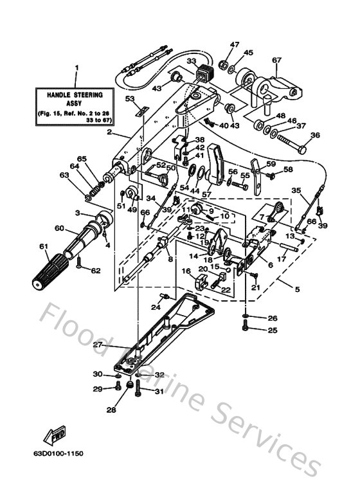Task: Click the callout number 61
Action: click(x=44, y=246)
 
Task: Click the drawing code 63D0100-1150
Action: click(x=60, y=453)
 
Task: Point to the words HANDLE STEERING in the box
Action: click(x=75, y=95)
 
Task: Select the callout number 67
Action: click(x=277, y=60)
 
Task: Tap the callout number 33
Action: click(x=192, y=61)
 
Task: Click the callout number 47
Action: click(x=235, y=44)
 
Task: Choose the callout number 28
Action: click(x=111, y=409)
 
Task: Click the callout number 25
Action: click(x=273, y=330)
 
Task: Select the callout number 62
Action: click(x=96, y=271)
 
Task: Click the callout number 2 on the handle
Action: click(x=110, y=133)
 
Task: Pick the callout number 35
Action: click(x=296, y=190)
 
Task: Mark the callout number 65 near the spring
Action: click(x=82, y=159)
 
